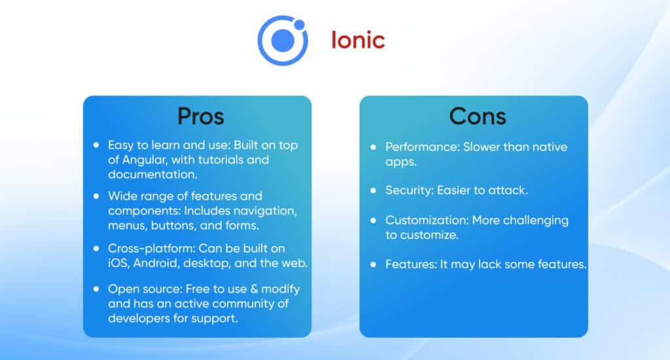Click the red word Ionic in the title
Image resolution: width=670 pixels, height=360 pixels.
pyautogui.click(x=357, y=41)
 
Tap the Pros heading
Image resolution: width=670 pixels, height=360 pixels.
pyautogui.click(x=201, y=117)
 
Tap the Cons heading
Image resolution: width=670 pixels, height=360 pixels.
pyautogui.click(x=477, y=117)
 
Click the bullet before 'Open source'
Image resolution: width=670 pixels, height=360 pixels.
pyautogui.click(x=97, y=289)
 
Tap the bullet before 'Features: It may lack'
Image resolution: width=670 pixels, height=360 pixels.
pyautogui.click(x=374, y=264)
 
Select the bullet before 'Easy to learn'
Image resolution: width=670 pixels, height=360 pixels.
pyautogui.click(x=97, y=145)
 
